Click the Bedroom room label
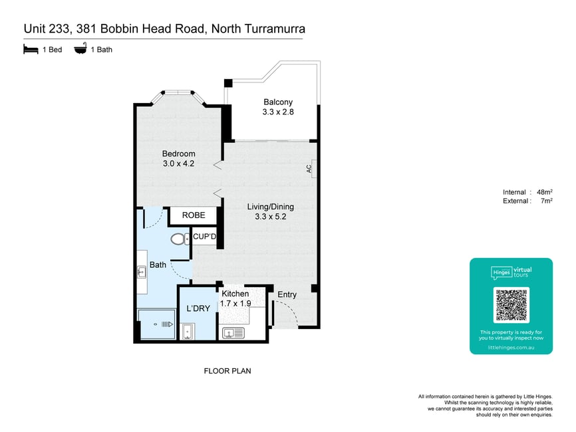click(x=178, y=154)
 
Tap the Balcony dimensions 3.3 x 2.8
click(x=278, y=112)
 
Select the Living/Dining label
click(x=270, y=207)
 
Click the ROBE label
click(x=194, y=215)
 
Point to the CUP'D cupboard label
click(x=205, y=237)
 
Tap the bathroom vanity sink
click(x=142, y=272)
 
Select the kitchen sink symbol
click(x=233, y=333)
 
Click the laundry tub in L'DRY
click(x=188, y=332)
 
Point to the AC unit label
click(x=309, y=168)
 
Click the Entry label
click(x=287, y=294)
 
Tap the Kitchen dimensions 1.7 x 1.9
click(x=235, y=304)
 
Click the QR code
click(x=511, y=305)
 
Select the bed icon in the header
click(x=31, y=49)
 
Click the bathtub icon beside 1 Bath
click(x=80, y=49)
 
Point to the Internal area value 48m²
click(x=545, y=192)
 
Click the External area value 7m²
click(x=547, y=201)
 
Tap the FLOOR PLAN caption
click(x=227, y=371)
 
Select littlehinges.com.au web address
click(x=511, y=347)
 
